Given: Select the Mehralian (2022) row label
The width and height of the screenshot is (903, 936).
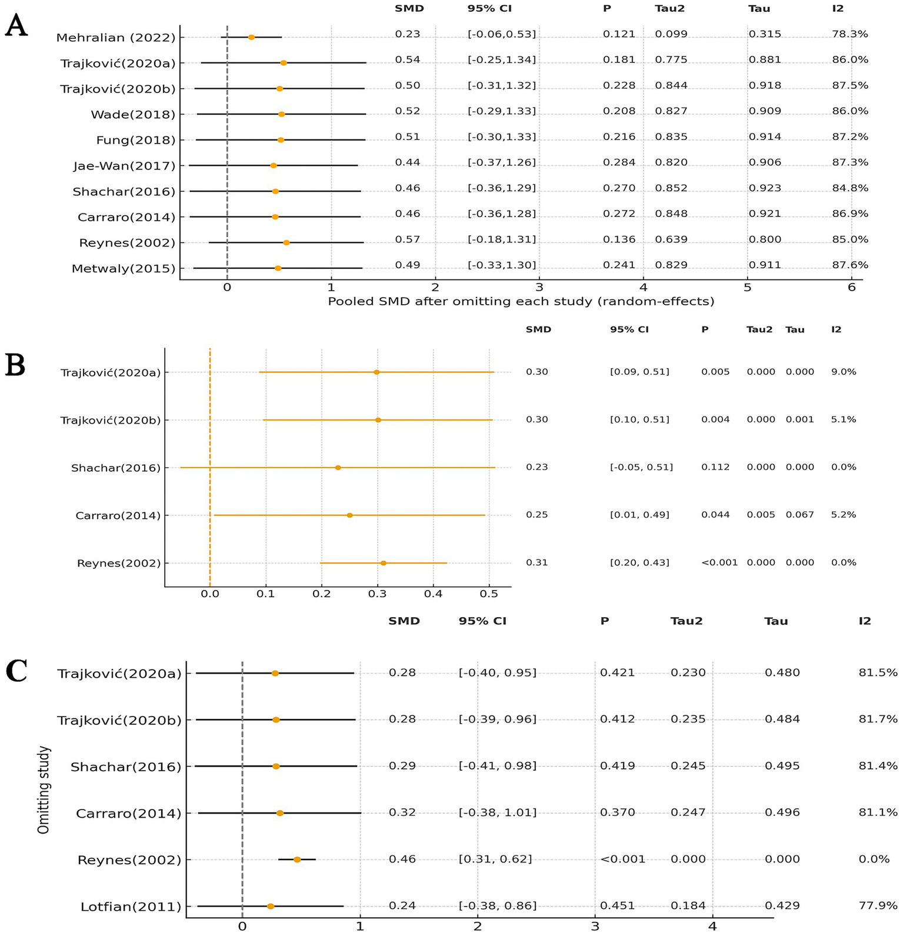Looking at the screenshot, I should (x=116, y=38).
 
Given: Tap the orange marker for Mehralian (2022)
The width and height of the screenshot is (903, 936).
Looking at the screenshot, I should (x=251, y=37).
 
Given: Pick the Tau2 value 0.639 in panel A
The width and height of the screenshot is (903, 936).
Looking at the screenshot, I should (x=671, y=239).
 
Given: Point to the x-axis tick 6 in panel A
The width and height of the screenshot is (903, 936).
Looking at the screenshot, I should (x=851, y=288).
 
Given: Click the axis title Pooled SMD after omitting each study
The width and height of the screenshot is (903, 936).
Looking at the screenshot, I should (x=521, y=302).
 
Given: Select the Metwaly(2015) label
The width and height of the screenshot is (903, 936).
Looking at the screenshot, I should (x=124, y=269).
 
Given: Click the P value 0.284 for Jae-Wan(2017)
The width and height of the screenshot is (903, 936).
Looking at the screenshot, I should (x=619, y=162).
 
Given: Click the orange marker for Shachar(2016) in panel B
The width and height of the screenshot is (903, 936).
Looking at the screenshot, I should (x=338, y=468).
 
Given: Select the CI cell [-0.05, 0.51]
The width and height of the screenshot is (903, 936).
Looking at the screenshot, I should (x=641, y=467).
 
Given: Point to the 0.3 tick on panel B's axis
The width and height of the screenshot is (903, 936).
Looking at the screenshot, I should (x=377, y=594).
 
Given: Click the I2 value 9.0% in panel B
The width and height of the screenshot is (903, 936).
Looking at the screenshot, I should (x=844, y=372).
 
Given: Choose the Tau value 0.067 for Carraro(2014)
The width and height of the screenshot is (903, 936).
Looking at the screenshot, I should (x=799, y=515).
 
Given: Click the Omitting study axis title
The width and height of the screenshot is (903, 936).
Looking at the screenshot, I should (x=44, y=790).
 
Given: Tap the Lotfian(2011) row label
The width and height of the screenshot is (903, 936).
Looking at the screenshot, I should (x=131, y=907).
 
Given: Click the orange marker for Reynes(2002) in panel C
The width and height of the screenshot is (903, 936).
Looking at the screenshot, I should (x=297, y=860).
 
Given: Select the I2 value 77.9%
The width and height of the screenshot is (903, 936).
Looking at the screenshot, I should (x=878, y=905).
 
